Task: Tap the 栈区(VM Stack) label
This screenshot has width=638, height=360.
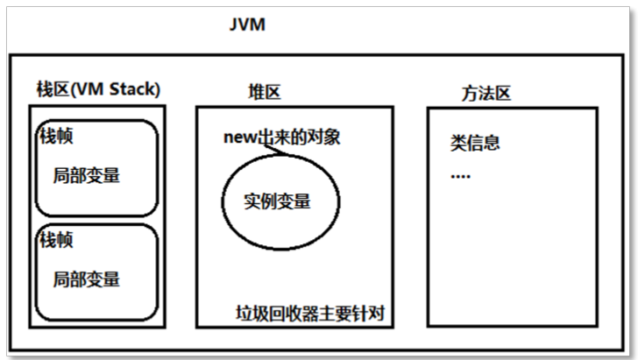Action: click(x=98, y=89)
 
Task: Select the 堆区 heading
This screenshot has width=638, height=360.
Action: click(x=264, y=92)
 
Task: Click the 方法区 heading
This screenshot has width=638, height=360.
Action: click(x=486, y=92)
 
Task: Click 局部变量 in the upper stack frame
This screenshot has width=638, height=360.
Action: click(x=87, y=175)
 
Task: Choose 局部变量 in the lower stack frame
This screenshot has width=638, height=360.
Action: click(x=87, y=279)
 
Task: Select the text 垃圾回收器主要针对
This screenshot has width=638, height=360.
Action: click(x=311, y=313)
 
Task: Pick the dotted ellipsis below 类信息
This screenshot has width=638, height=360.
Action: click(x=461, y=176)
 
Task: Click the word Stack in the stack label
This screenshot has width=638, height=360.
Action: click(x=136, y=89)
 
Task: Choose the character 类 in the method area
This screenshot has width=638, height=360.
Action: click(x=458, y=143)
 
